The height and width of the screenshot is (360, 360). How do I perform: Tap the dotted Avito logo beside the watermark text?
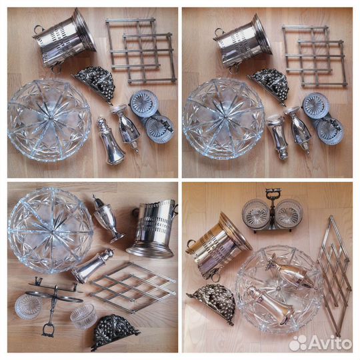(297, 343)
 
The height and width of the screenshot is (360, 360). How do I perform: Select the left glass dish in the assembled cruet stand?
(256, 215)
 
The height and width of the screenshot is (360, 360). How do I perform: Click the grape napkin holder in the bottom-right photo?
(212, 304)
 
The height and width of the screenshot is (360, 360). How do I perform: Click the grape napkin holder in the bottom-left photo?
(115, 331)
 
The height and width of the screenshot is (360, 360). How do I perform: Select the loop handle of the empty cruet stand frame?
(49, 330)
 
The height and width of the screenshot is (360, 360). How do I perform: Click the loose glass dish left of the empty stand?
(28, 307)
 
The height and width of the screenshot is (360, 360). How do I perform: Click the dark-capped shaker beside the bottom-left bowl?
(107, 218)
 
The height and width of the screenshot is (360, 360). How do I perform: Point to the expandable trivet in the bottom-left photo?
(133, 287)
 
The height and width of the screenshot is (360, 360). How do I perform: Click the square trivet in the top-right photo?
(315, 55)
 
